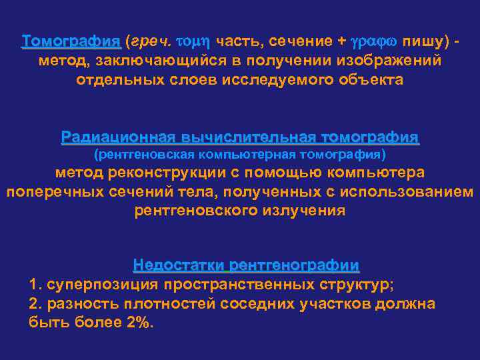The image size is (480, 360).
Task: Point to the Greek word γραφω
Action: click(375, 41)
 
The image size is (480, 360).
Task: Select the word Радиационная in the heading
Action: click(117, 137)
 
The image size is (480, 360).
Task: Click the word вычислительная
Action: click(247, 137)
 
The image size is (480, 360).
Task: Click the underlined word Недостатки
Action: click(179, 265)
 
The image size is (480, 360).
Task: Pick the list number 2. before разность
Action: click(35, 304)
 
